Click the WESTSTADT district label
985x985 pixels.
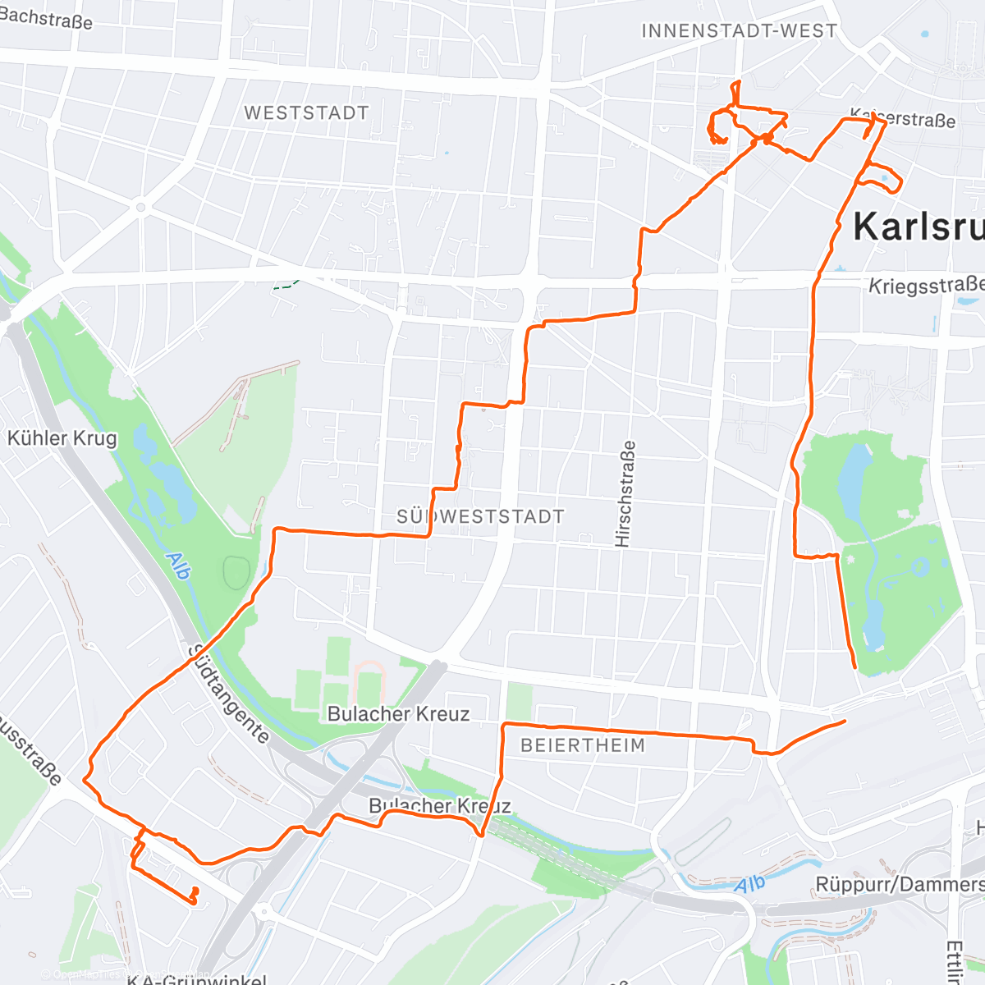click(306, 113)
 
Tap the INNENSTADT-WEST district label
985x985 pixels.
click(739, 31)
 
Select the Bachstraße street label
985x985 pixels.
click(46, 17)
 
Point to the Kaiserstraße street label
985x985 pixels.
click(903, 119)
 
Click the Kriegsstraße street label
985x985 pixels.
click(926, 286)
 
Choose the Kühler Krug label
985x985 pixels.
click(62, 438)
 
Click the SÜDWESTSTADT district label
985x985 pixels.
click(480, 516)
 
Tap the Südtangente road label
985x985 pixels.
click(229, 694)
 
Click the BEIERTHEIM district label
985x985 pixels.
click(583, 745)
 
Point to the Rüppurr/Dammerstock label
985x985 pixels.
click(900, 885)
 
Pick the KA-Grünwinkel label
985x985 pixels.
click(197, 978)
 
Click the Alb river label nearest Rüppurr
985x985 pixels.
click(749, 885)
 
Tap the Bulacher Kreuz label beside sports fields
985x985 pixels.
click(398, 714)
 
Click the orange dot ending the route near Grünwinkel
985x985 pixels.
click(195, 891)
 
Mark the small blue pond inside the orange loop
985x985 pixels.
click(885, 176)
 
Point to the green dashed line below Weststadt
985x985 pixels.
click(285, 285)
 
